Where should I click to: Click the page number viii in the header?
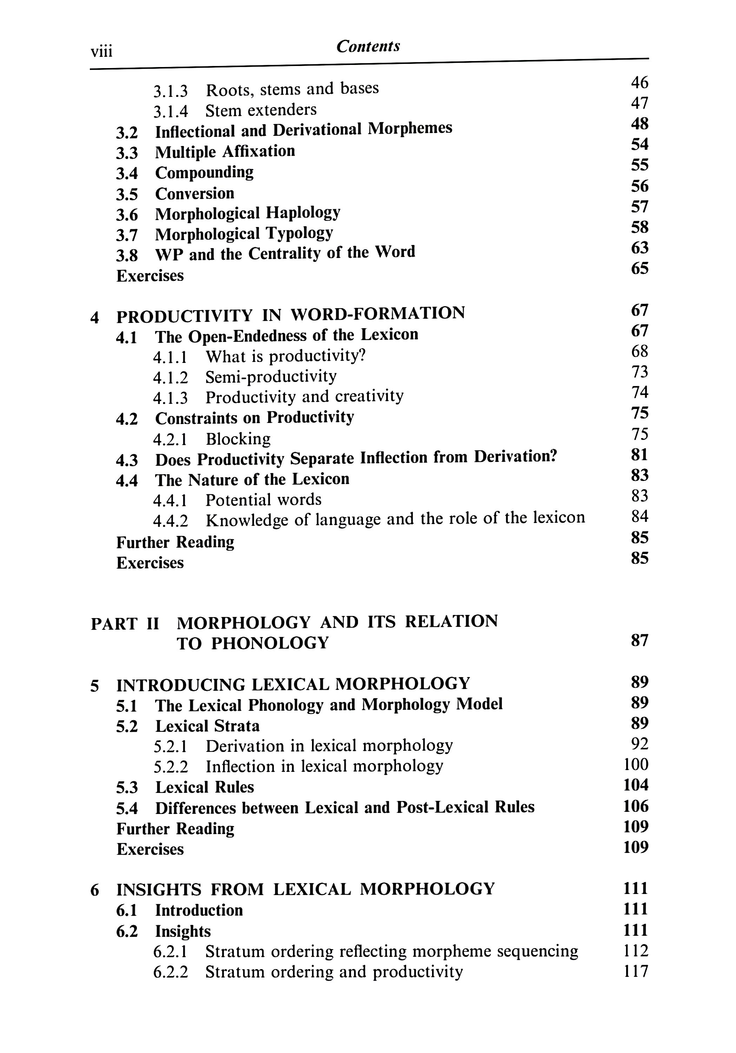(x=101, y=51)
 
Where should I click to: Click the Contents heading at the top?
(x=368, y=46)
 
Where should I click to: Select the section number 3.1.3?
(x=170, y=91)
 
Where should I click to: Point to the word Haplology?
(x=303, y=213)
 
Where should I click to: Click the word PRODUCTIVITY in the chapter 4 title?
(x=184, y=316)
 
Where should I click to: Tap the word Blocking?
(x=238, y=439)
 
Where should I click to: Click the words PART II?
(x=125, y=623)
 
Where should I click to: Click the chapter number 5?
(x=94, y=686)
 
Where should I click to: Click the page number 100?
(x=636, y=764)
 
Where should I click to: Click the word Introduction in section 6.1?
(x=199, y=910)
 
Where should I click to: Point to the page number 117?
(x=636, y=972)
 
